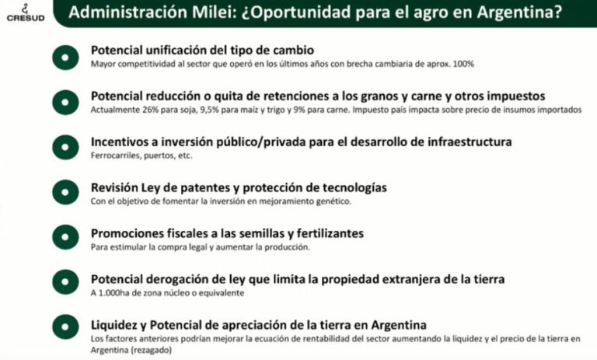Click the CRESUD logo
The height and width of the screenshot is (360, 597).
(x=26, y=13)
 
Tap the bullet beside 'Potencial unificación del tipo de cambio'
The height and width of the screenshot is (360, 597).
(x=65, y=58)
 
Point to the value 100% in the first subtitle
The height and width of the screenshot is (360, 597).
(x=463, y=64)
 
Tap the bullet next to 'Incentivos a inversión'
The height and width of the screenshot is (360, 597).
(x=65, y=148)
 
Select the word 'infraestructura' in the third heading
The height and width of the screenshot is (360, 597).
(x=470, y=142)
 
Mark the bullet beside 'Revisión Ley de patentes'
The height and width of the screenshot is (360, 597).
(x=65, y=192)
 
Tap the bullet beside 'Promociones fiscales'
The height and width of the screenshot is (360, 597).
(x=65, y=237)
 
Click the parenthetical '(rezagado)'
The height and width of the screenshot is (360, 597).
(x=151, y=350)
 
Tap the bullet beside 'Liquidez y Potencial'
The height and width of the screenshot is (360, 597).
(x=65, y=327)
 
